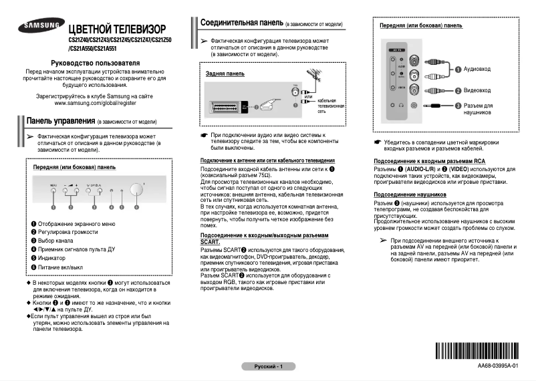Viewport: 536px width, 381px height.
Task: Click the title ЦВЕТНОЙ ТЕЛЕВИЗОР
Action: (x=116, y=31)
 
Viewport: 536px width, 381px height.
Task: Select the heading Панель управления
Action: (x=59, y=121)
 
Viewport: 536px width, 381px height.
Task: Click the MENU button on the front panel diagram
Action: (x=53, y=191)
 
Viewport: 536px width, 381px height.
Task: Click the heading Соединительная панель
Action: (x=241, y=23)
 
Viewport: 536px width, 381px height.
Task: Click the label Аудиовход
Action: (x=477, y=69)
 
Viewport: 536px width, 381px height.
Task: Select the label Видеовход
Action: (x=477, y=90)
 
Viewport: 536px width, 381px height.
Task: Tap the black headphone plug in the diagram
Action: (x=437, y=105)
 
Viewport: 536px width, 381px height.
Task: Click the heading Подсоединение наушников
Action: (x=410, y=195)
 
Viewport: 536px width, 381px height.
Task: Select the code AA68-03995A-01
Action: (x=497, y=367)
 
